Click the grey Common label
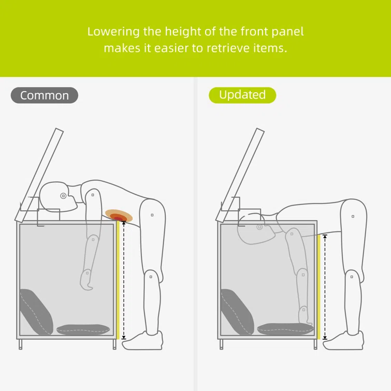(x=45, y=95)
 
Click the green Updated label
(x=242, y=95)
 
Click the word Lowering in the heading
(x=113, y=32)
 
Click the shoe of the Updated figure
(x=343, y=341)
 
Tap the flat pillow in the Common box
(x=83, y=329)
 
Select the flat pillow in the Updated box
(x=285, y=329)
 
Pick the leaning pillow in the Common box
(x=36, y=312)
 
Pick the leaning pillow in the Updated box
(x=237, y=312)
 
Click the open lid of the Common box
(x=39, y=175)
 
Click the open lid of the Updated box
(x=240, y=175)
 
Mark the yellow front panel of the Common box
(x=118, y=280)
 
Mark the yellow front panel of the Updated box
(x=318, y=287)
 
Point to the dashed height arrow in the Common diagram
(x=124, y=280)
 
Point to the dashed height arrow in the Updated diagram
(x=325, y=287)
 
